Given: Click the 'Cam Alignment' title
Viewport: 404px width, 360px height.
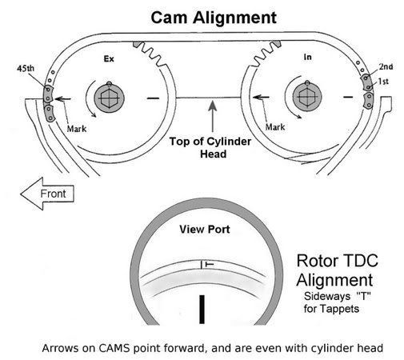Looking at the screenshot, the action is (x=214, y=18).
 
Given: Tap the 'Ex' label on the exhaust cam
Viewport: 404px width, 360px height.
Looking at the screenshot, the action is (x=109, y=58).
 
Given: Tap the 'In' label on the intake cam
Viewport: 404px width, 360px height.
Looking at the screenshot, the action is (x=307, y=57).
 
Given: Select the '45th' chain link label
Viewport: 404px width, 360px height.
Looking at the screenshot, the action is (x=26, y=69).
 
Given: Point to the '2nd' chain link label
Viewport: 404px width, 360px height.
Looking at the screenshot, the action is (x=386, y=66).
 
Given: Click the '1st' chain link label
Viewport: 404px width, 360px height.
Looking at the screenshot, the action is (x=383, y=81).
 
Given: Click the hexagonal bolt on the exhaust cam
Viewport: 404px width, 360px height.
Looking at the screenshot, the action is (x=109, y=98).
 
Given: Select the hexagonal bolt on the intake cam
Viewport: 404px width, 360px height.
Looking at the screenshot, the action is (x=307, y=97).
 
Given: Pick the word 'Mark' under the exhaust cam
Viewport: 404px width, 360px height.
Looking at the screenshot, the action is (x=77, y=129).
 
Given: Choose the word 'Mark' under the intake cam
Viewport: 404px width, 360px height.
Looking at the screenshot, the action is (x=275, y=127).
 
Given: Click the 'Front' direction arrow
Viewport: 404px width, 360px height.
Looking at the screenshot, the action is (x=47, y=194).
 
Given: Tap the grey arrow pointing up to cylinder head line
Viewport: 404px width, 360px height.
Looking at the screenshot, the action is (x=213, y=116).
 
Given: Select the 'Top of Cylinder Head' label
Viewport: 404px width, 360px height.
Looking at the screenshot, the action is (x=210, y=147).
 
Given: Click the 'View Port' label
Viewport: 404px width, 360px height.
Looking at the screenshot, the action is (x=205, y=230).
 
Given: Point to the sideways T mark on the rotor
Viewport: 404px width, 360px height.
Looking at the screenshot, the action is (x=210, y=264).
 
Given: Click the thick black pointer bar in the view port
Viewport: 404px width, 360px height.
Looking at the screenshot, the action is (x=202, y=310).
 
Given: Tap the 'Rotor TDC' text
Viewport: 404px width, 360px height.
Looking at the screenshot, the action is (x=338, y=261).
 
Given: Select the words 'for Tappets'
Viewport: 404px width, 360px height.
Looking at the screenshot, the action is (x=331, y=309).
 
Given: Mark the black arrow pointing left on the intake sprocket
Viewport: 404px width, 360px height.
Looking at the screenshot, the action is (x=261, y=97).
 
